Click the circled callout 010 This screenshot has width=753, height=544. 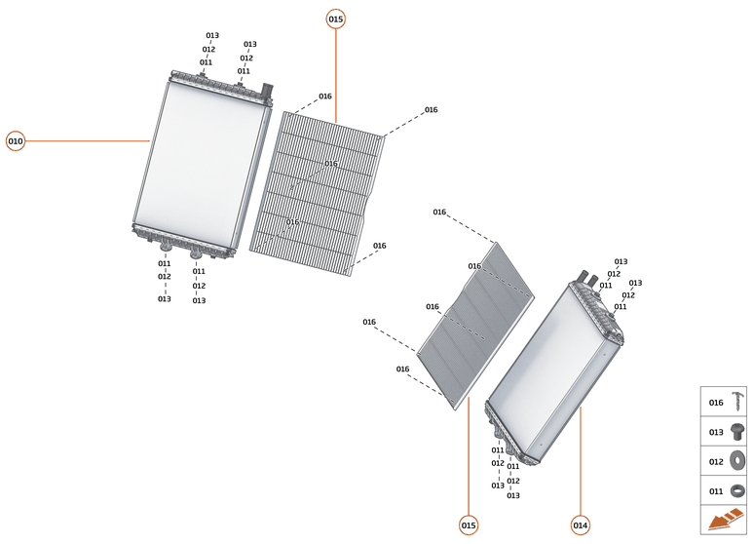[16, 141]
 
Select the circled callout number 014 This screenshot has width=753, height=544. [581, 525]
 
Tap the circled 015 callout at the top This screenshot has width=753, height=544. [336, 19]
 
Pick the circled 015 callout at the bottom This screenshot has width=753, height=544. [469, 525]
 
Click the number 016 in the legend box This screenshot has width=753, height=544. [716, 403]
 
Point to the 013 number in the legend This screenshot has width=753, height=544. [716, 433]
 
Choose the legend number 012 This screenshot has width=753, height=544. [716, 462]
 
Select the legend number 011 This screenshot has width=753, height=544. [716, 491]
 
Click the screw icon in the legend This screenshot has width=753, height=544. [737, 402]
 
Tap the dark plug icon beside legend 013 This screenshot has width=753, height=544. [737, 432]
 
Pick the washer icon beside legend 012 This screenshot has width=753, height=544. [737, 461]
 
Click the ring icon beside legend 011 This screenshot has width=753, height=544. [737, 491]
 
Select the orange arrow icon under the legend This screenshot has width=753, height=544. [725, 519]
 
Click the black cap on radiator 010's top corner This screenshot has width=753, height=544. [267, 90]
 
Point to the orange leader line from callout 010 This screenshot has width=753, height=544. [88, 141]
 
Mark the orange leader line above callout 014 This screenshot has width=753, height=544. [581, 461]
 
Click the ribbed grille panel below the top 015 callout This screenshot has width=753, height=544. [317, 194]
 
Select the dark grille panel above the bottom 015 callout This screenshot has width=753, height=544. [475, 326]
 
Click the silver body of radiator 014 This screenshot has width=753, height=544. [552, 371]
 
